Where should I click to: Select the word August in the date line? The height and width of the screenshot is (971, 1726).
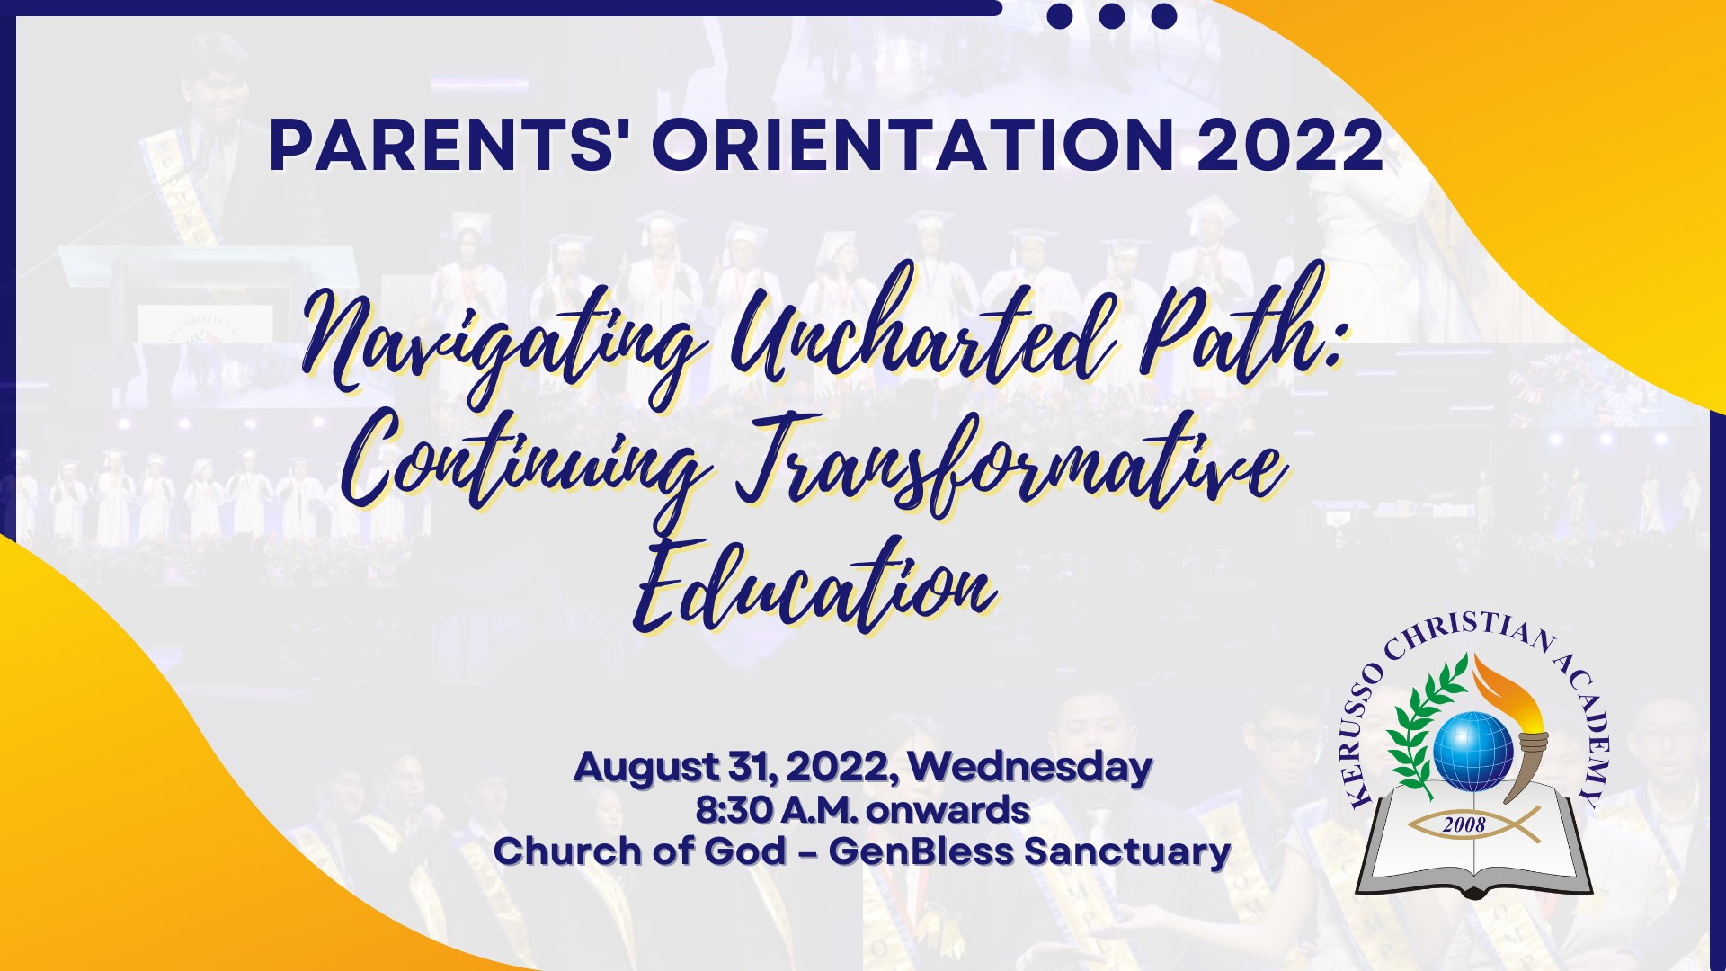646,768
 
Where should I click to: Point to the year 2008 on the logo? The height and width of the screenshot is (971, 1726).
1464,824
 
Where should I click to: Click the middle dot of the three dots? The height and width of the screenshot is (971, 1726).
1112,15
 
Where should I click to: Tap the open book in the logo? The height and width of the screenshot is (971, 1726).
1473,841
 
